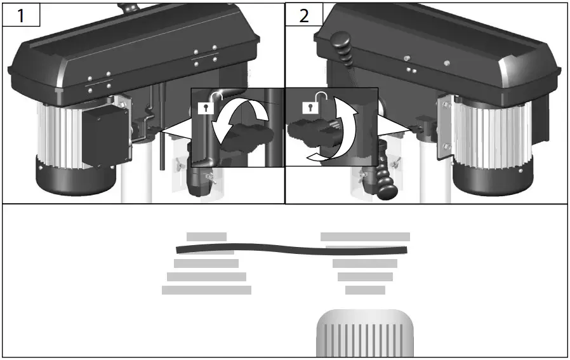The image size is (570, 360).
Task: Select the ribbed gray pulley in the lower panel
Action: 365,333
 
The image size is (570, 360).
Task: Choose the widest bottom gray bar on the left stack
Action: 206,290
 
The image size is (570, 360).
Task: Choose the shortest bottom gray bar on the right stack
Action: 365,290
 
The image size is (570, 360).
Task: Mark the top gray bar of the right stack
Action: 365,237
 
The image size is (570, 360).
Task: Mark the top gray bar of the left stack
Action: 206,237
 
